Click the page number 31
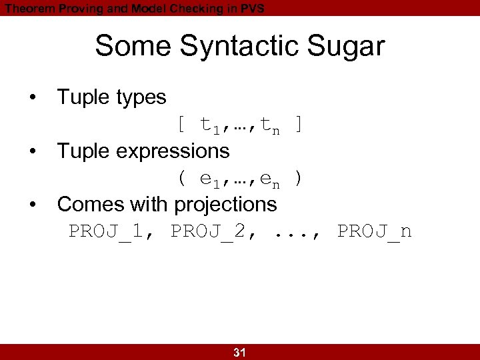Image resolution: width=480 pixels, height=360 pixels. (239, 353)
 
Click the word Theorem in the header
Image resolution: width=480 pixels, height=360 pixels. (26, 8)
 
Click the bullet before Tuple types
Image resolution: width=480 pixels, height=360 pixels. (32, 97)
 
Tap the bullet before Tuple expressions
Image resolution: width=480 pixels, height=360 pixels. (32, 151)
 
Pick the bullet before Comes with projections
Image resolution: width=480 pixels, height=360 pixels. (32, 205)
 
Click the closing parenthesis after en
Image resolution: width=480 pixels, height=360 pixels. (299, 179)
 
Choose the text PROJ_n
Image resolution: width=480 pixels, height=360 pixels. (375, 231)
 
